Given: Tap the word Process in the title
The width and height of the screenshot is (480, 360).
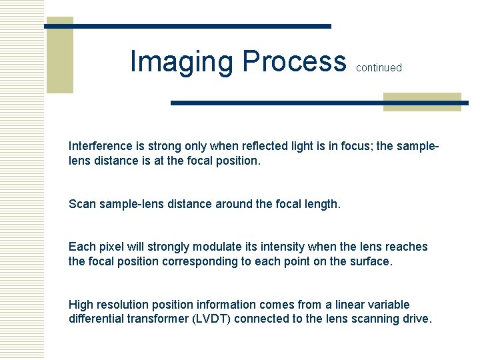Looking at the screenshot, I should tap(294, 61).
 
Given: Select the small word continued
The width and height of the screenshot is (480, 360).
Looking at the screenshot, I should tap(379, 68).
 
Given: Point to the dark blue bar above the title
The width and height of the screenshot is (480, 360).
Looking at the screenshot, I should tap(188, 26).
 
